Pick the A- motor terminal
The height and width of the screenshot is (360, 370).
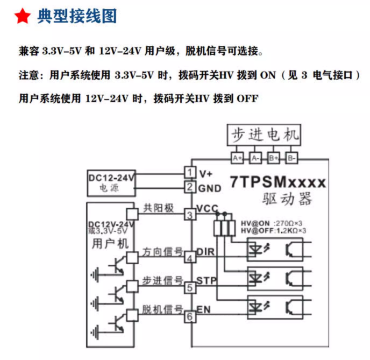click(255, 158)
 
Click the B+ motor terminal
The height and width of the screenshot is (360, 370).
click(273, 158)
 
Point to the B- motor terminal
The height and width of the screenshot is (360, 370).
click(291, 158)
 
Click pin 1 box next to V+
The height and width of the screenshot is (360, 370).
click(189, 172)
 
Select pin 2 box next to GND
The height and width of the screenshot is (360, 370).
click(189, 187)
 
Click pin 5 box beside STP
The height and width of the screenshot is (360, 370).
click(189, 288)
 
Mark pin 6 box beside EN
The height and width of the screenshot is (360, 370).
click(189, 317)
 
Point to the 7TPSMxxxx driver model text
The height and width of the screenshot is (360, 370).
click(277, 182)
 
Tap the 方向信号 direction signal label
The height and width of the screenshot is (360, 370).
click(162, 251)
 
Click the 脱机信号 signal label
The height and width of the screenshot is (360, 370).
click(162, 309)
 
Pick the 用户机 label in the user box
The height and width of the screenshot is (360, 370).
click(110, 244)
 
